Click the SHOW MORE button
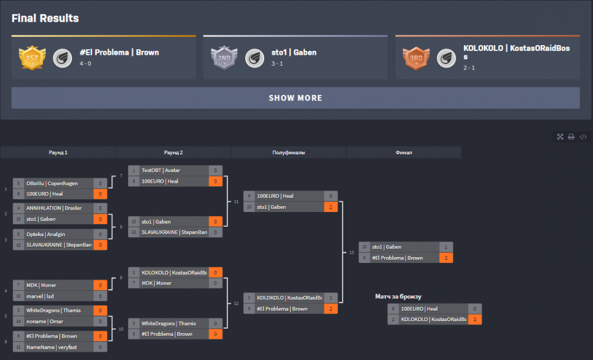click(295, 98)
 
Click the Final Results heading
click(45, 18)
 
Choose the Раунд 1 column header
click(58, 153)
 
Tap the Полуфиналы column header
click(288, 153)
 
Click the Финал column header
click(404, 153)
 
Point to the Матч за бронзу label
click(398, 297)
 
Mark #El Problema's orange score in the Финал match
click(446, 258)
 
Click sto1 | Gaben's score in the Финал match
click(446, 247)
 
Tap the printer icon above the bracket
click(571, 137)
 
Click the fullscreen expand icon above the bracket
click(560, 137)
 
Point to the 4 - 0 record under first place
click(85, 63)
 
